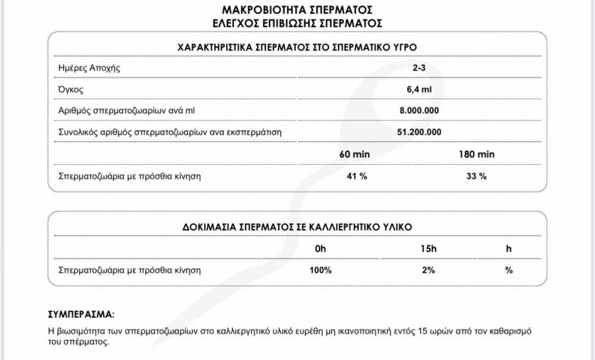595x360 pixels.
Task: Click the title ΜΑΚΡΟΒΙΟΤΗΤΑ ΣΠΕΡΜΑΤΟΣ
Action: click(297, 10)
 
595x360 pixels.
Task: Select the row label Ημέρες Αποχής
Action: click(89, 68)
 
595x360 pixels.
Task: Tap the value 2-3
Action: click(419, 68)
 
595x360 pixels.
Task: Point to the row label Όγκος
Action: click(70, 89)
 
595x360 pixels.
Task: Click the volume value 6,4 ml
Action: click(419, 89)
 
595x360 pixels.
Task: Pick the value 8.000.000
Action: click(419, 111)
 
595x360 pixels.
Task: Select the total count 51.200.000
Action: click(419, 132)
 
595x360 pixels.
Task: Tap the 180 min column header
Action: click(477, 154)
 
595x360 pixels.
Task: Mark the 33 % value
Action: click(477, 176)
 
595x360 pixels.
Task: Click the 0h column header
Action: click(321, 249)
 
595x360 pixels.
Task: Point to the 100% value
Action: click(321, 270)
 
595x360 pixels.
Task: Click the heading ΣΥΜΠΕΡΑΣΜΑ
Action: click(81, 314)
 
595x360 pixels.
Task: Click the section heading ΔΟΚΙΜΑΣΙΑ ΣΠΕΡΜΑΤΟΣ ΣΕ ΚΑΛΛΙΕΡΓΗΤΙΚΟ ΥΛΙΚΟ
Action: click(297, 227)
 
